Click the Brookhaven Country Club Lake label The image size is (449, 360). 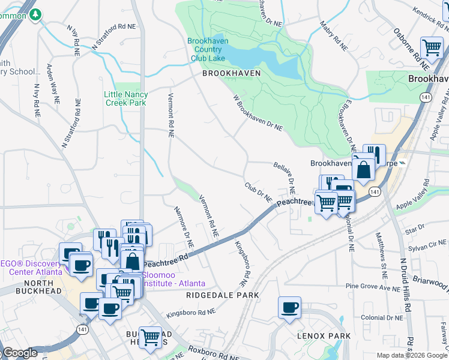(206, 50)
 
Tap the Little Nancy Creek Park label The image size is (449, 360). (125, 98)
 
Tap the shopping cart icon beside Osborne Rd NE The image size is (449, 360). (432, 47)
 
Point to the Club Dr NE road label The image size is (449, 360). (258, 192)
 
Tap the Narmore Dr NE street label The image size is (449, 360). (184, 228)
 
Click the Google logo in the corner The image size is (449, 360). (20, 353)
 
